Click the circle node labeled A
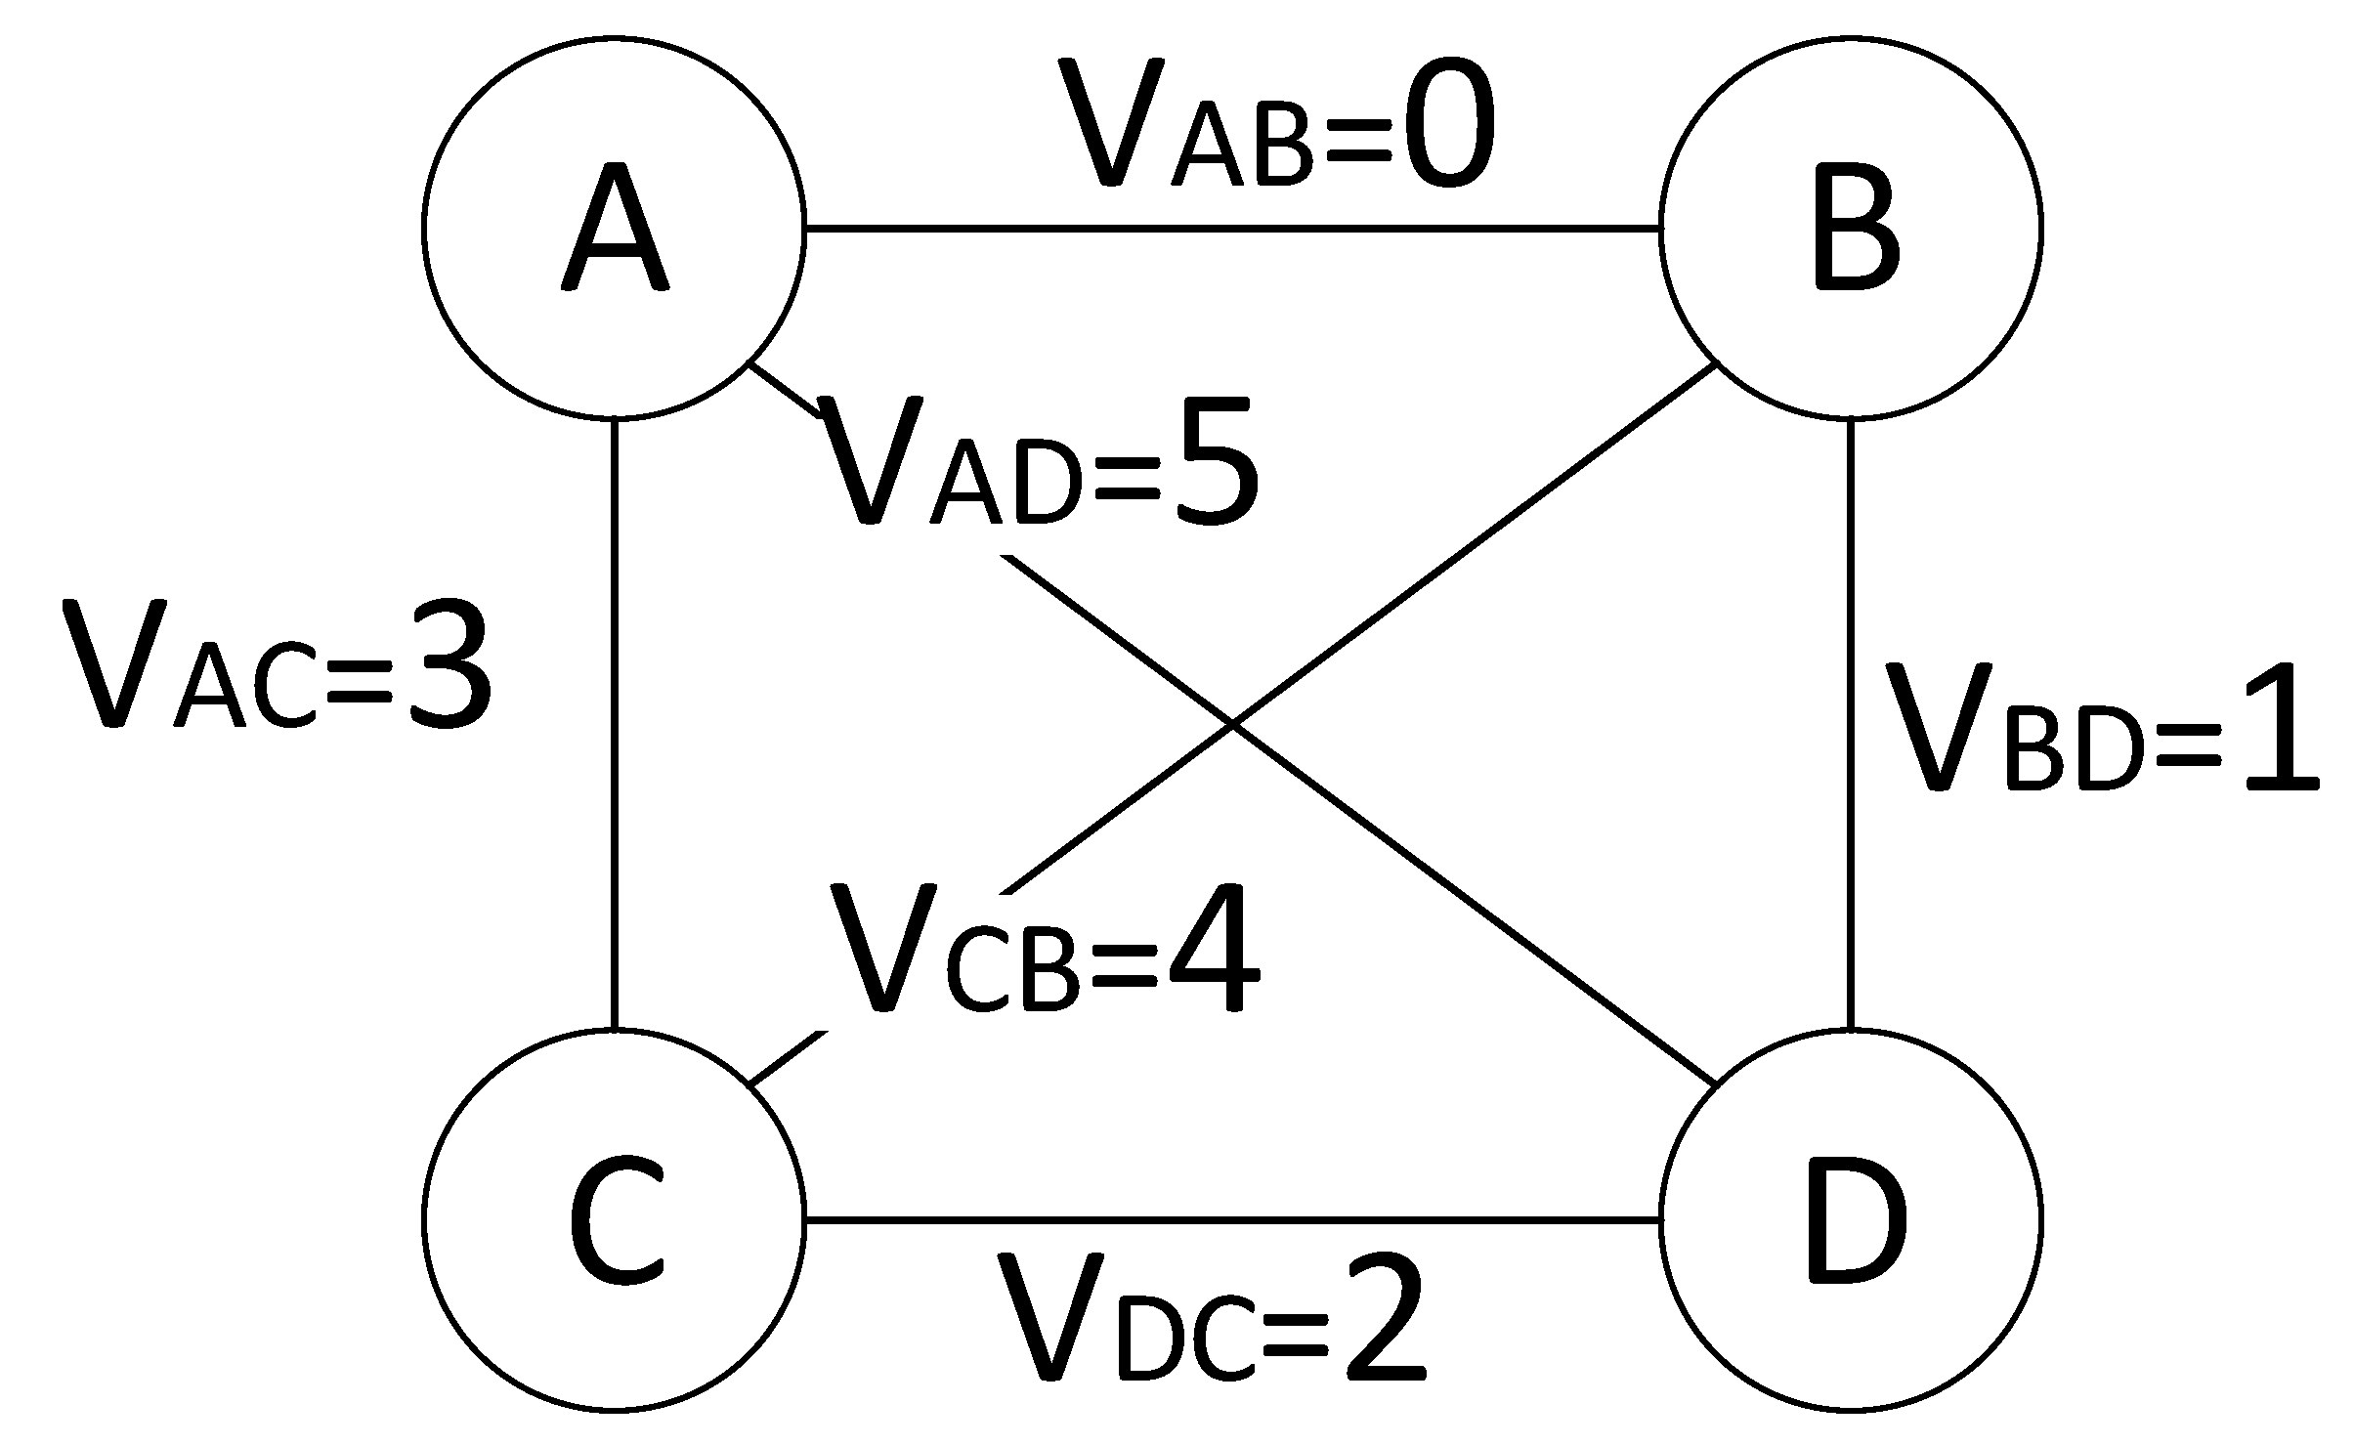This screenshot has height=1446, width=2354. (614, 229)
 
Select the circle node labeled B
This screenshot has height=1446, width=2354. (1851, 229)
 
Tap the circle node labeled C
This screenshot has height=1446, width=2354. (614, 1219)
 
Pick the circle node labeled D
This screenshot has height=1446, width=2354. (1851, 1219)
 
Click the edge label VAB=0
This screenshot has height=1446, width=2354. (1275, 127)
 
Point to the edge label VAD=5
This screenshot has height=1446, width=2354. (1041, 464)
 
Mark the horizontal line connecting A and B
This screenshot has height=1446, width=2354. (1231, 229)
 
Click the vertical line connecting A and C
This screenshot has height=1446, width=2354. (614, 723)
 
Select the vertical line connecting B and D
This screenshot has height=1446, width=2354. (1851, 723)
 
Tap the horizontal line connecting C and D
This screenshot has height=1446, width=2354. (1231, 1219)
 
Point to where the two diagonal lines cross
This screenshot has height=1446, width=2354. (1233, 725)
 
